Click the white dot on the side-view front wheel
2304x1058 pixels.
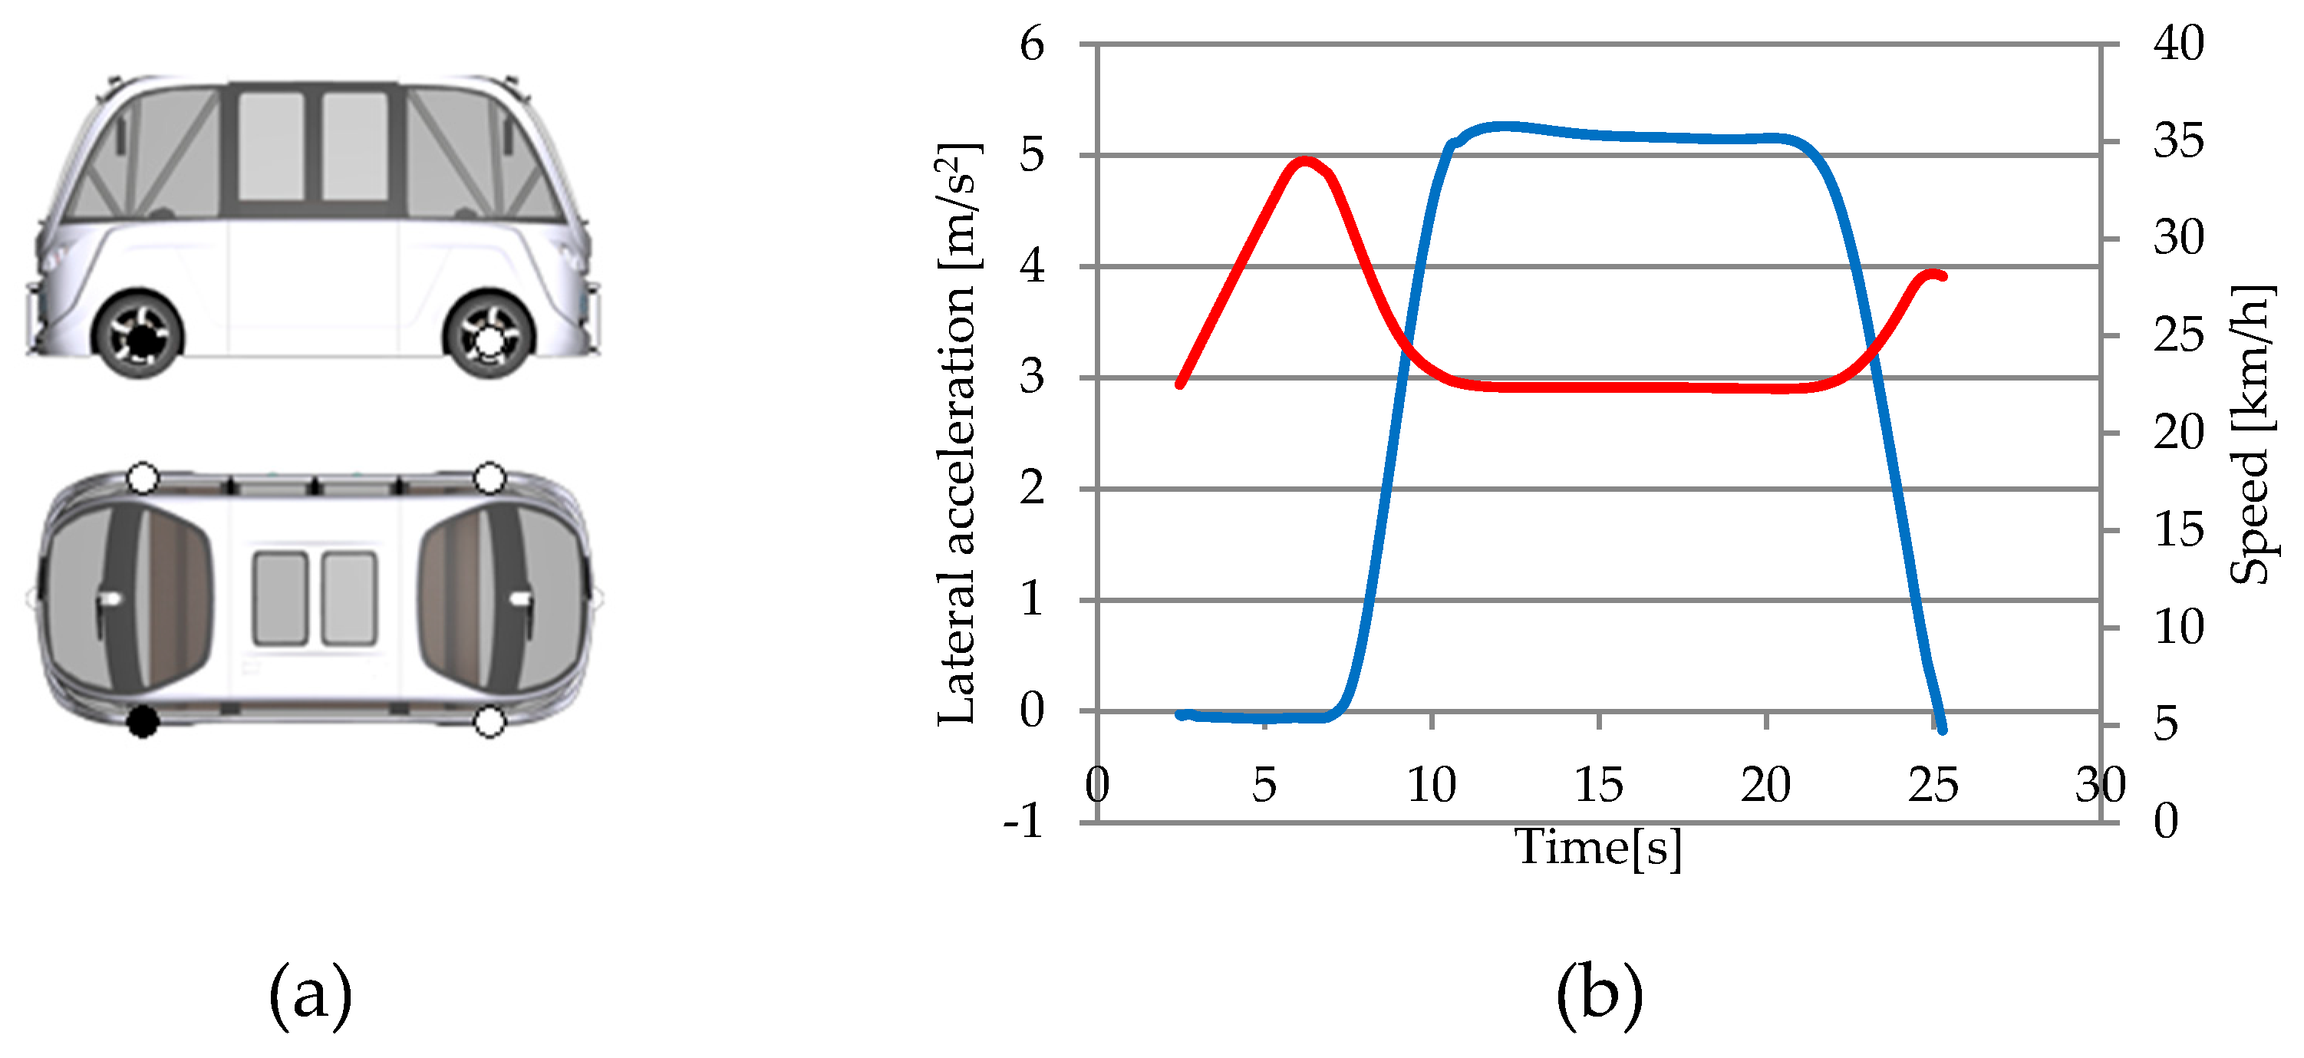pyautogui.click(x=489, y=340)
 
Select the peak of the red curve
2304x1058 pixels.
pyautogui.click(x=1305, y=162)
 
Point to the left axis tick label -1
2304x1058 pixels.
pyautogui.click(x=1023, y=819)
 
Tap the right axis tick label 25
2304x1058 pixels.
pyautogui.click(x=2178, y=335)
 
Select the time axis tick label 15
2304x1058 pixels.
pyautogui.click(x=1597, y=785)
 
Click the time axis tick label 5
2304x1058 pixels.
pyautogui.click(x=1263, y=785)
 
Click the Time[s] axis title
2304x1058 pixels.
pyautogui.click(x=1597, y=846)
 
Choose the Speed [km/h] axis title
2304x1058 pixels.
pyautogui.click(x=2250, y=433)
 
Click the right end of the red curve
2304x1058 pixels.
pyautogui.click(x=1943, y=276)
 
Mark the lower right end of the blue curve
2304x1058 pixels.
pyautogui.click(x=1943, y=730)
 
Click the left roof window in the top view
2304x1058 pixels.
pyautogui.click(x=281, y=598)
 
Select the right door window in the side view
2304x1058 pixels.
pyautogui.click(x=355, y=146)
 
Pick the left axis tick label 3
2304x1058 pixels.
pyautogui.click(x=1031, y=377)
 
